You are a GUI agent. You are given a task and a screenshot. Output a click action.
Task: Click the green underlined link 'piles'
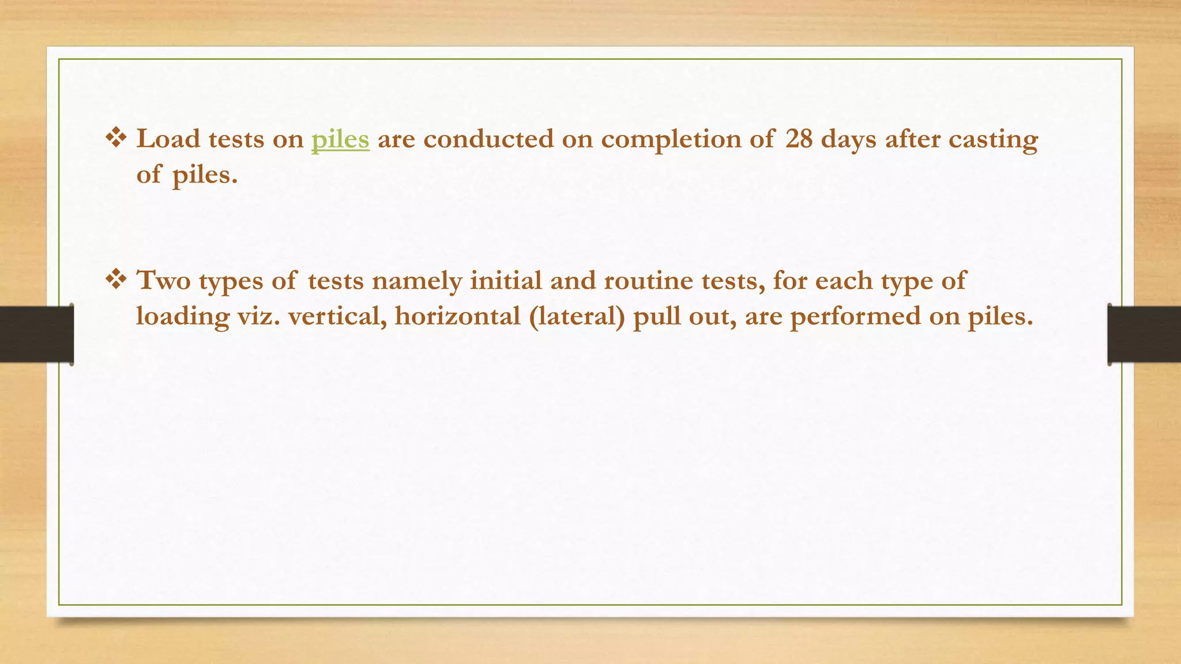[340, 140]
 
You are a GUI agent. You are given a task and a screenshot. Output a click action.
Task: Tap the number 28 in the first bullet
[799, 139]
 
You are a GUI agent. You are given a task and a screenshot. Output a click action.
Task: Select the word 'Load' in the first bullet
[168, 139]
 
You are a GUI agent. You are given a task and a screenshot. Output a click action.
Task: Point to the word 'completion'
[671, 140]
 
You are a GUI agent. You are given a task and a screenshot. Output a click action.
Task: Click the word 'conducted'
[488, 139]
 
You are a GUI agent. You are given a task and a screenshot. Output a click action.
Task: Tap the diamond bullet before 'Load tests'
[116, 138]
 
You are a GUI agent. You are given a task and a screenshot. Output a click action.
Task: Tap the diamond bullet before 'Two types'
[116, 280]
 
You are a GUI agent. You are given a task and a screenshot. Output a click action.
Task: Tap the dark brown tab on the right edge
[1144, 334]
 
